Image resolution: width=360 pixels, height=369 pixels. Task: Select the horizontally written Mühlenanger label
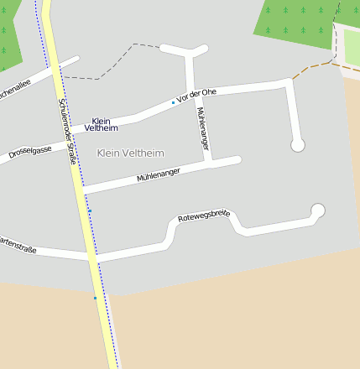click(159, 174)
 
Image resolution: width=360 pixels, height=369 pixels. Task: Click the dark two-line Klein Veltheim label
click(101, 125)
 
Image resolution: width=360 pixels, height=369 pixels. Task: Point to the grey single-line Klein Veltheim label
click(131, 153)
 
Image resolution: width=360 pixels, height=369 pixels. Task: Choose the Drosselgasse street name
click(30, 152)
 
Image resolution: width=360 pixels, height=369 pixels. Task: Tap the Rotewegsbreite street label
click(204, 216)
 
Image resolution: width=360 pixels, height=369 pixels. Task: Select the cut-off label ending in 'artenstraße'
click(18, 244)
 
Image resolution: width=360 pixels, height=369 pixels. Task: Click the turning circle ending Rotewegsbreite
click(317, 210)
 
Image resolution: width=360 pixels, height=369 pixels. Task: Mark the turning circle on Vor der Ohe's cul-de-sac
click(297, 145)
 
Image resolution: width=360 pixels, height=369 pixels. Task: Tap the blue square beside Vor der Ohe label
click(173, 102)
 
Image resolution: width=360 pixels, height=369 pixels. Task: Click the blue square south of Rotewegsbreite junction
click(96, 298)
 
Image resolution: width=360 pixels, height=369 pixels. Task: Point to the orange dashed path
click(317, 65)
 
